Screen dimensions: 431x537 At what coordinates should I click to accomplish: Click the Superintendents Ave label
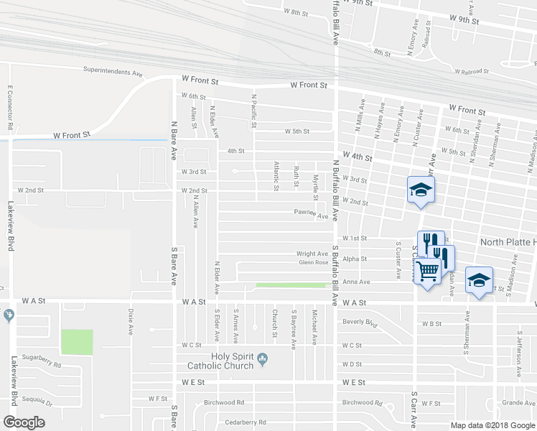[x=113, y=73]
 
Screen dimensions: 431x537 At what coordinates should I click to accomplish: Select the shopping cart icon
[x=428, y=271]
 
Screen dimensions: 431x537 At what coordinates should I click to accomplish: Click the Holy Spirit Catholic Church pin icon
[x=263, y=357]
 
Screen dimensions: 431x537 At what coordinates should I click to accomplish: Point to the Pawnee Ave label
[x=311, y=213]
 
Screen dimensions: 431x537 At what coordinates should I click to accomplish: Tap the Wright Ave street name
[x=312, y=254]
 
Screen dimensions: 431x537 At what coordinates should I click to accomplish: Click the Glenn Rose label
[x=314, y=263]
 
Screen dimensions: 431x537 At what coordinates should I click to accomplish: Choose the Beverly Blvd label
[x=360, y=323]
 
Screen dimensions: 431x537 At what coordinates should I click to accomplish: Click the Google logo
[x=24, y=422]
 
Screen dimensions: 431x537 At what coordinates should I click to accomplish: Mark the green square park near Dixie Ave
[x=77, y=342]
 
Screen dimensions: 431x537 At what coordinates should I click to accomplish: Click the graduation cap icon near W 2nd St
[x=421, y=190]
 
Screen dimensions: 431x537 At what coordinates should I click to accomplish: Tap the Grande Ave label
[x=515, y=404]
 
